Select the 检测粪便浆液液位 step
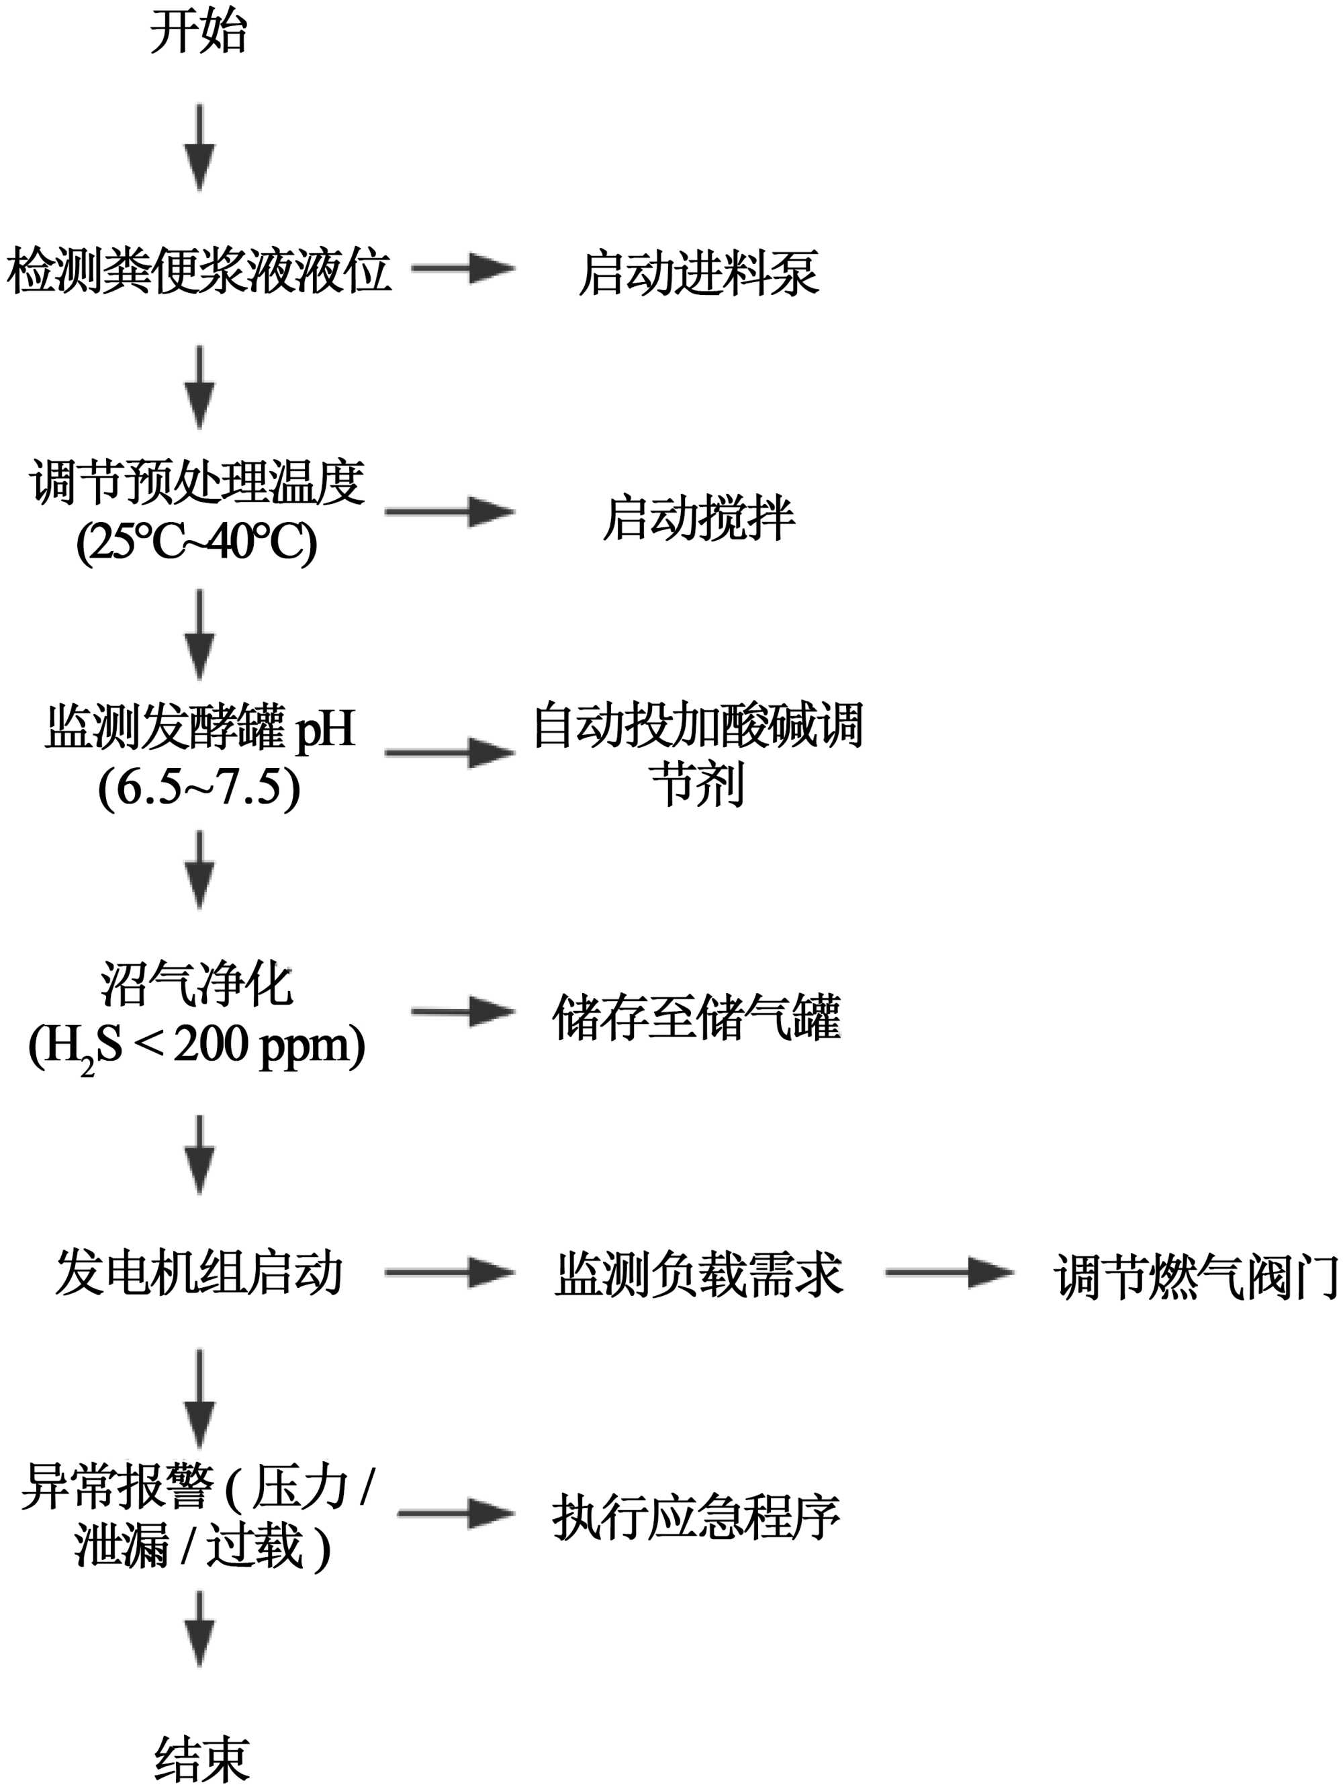click(199, 270)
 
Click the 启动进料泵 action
click(698, 273)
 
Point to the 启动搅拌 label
click(698, 517)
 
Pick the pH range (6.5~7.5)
click(199, 786)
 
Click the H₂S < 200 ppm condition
click(197, 1045)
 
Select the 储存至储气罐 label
click(696, 1016)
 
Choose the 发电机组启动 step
click(199, 1273)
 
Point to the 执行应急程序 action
click(696, 1517)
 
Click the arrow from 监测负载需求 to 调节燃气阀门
click(948, 1272)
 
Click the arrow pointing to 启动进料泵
click(463, 268)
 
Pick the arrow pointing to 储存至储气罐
click(463, 1012)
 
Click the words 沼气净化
click(197, 985)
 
